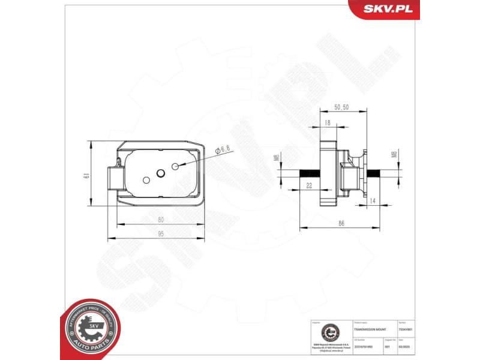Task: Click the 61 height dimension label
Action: (86, 175)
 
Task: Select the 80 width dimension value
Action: (161, 220)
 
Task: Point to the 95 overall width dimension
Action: (161, 235)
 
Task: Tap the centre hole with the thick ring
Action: (161, 173)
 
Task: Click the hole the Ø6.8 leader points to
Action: (175, 166)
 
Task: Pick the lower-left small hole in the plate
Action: (146, 179)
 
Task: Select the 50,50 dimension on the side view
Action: (341, 107)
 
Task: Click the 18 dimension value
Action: (327, 122)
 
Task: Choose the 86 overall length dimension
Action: (341, 223)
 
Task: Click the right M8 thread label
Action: (394, 155)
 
